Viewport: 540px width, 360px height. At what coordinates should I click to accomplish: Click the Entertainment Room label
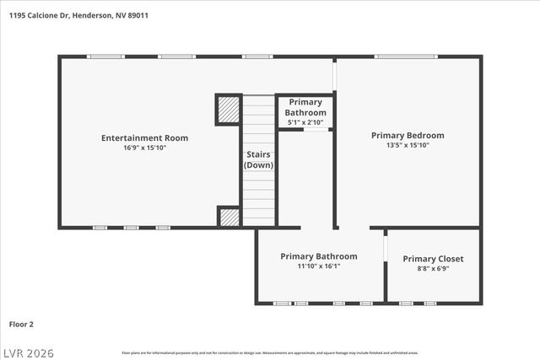(x=144, y=137)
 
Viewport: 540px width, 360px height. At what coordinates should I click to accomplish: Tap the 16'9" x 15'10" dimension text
(x=144, y=148)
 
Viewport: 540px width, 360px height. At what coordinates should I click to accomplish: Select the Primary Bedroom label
(x=408, y=135)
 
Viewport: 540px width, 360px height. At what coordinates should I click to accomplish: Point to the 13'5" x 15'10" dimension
(x=408, y=145)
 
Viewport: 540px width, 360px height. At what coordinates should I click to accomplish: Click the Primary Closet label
(x=433, y=259)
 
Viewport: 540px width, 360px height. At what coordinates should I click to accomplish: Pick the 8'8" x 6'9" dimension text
(x=433, y=269)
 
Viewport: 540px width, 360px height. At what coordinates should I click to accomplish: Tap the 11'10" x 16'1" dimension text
(x=319, y=266)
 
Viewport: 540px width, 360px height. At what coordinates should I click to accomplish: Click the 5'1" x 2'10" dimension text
(x=305, y=122)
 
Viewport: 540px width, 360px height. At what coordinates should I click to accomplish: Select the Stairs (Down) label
(x=258, y=159)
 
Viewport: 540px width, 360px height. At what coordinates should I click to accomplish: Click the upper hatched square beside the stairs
(x=229, y=110)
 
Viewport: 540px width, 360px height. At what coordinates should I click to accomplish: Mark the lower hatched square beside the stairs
(x=229, y=217)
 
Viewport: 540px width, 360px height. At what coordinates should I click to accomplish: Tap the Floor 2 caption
(x=22, y=323)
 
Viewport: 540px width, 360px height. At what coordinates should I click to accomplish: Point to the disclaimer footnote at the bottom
(x=270, y=352)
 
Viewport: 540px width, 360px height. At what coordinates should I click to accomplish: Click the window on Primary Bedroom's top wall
(x=407, y=56)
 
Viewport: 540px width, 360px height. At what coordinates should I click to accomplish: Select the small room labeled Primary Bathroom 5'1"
(x=305, y=111)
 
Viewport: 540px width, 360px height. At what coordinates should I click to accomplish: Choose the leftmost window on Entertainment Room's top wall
(x=105, y=56)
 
